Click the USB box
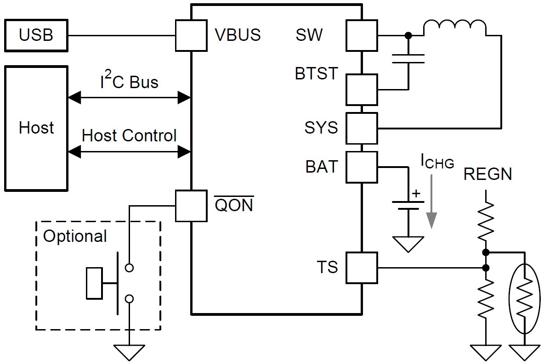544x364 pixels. click(36, 35)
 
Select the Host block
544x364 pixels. click(36, 128)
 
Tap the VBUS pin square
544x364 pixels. click(191, 35)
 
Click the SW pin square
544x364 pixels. click(362, 35)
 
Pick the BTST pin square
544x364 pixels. click(362, 90)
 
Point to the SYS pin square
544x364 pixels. click(362, 128)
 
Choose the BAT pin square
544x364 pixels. click(362, 167)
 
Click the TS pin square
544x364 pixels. click(362, 267)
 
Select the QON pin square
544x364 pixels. click(191, 206)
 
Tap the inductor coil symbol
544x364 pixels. click(454, 28)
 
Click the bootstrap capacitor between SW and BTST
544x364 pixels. click(408, 58)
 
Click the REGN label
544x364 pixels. click(487, 174)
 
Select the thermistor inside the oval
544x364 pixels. click(524, 299)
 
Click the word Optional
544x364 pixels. click(75, 236)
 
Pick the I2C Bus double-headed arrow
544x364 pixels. click(129, 97)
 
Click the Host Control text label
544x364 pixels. click(129, 135)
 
